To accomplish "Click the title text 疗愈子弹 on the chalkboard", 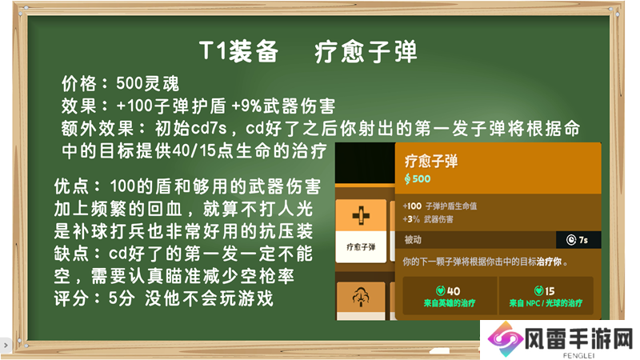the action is pyautogui.click(x=366, y=52).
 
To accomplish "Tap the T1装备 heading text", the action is pyautogui.click(x=238, y=51).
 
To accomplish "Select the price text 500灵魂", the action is pyautogui.click(x=147, y=84).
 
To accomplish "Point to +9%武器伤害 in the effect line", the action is pyautogui.click(x=283, y=106).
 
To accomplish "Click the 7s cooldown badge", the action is pyautogui.click(x=578, y=240).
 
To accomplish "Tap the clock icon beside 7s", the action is pyautogui.click(x=571, y=240).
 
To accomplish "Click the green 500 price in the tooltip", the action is pyautogui.click(x=422, y=178).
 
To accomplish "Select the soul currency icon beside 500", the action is pyautogui.click(x=407, y=178).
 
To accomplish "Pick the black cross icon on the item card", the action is pyautogui.click(x=361, y=215).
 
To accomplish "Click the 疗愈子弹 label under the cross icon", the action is pyautogui.click(x=361, y=247).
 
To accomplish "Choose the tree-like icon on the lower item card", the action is pyautogui.click(x=361, y=297).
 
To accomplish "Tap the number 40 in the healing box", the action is pyautogui.click(x=454, y=291).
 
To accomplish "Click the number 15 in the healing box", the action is pyautogui.click(x=550, y=291).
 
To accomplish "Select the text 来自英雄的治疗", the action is pyautogui.click(x=450, y=303).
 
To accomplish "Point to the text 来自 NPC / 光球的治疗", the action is pyautogui.click(x=546, y=303).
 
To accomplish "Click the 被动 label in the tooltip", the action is pyautogui.click(x=413, y=239).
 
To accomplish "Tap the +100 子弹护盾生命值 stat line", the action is pyautogui.click(x=439, y=206).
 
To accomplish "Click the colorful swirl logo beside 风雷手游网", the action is pyautogui.click(x=505, y=339).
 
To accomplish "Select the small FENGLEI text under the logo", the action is pyautogui.click(x=578, y=355).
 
